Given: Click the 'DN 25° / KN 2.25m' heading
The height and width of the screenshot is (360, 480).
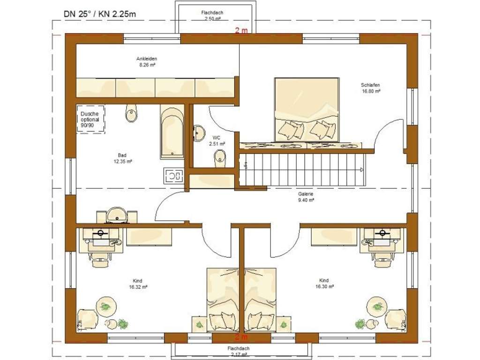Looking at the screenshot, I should click(x=100, y=14).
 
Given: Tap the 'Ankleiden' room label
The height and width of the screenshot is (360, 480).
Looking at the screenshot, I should click(x=146, y=59).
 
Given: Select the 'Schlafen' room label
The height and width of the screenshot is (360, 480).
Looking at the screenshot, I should click(x=370, y=85).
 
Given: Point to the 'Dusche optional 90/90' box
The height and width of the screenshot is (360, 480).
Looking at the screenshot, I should click(x=90, y=120).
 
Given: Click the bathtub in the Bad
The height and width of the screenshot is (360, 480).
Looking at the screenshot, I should click(x=172, y=132).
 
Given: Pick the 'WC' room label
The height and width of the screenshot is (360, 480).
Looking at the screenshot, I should click(x=217, y=137).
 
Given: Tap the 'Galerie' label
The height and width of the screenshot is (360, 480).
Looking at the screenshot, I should click(x=305, y=194).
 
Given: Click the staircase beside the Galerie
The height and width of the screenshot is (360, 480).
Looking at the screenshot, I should click(x=302, y=170).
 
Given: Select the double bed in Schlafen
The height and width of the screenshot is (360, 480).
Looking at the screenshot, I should click(x=307, y=109).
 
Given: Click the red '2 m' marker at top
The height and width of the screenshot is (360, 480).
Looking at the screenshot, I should click(x=241, y=30).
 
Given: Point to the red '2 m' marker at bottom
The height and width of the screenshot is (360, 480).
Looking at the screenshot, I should click(x=241, y=337).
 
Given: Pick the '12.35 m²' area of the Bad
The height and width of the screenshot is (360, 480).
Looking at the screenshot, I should click(x=123, y=161).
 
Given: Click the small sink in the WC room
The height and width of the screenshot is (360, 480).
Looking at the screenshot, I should click(x=199, y=133).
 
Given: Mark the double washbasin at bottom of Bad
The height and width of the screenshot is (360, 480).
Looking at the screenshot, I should click(x=117, y=216).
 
